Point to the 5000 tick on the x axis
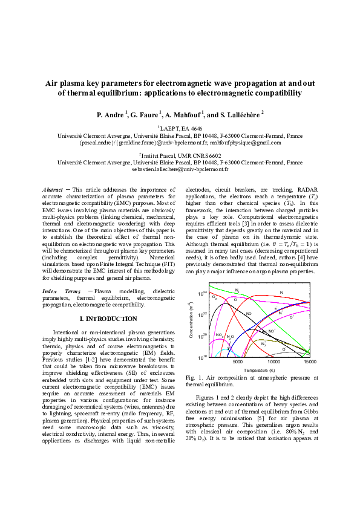[x=237, y=362]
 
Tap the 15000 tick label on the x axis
[x=310, y=362]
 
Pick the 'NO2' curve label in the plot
[x=219, y=335]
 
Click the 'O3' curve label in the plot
[x=215, y=297]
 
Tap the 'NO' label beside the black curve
[x=249, y=314]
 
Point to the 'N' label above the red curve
[x=281, y=293]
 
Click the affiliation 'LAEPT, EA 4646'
[x=181, y=129]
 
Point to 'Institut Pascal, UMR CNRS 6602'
[x=181, y=155]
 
